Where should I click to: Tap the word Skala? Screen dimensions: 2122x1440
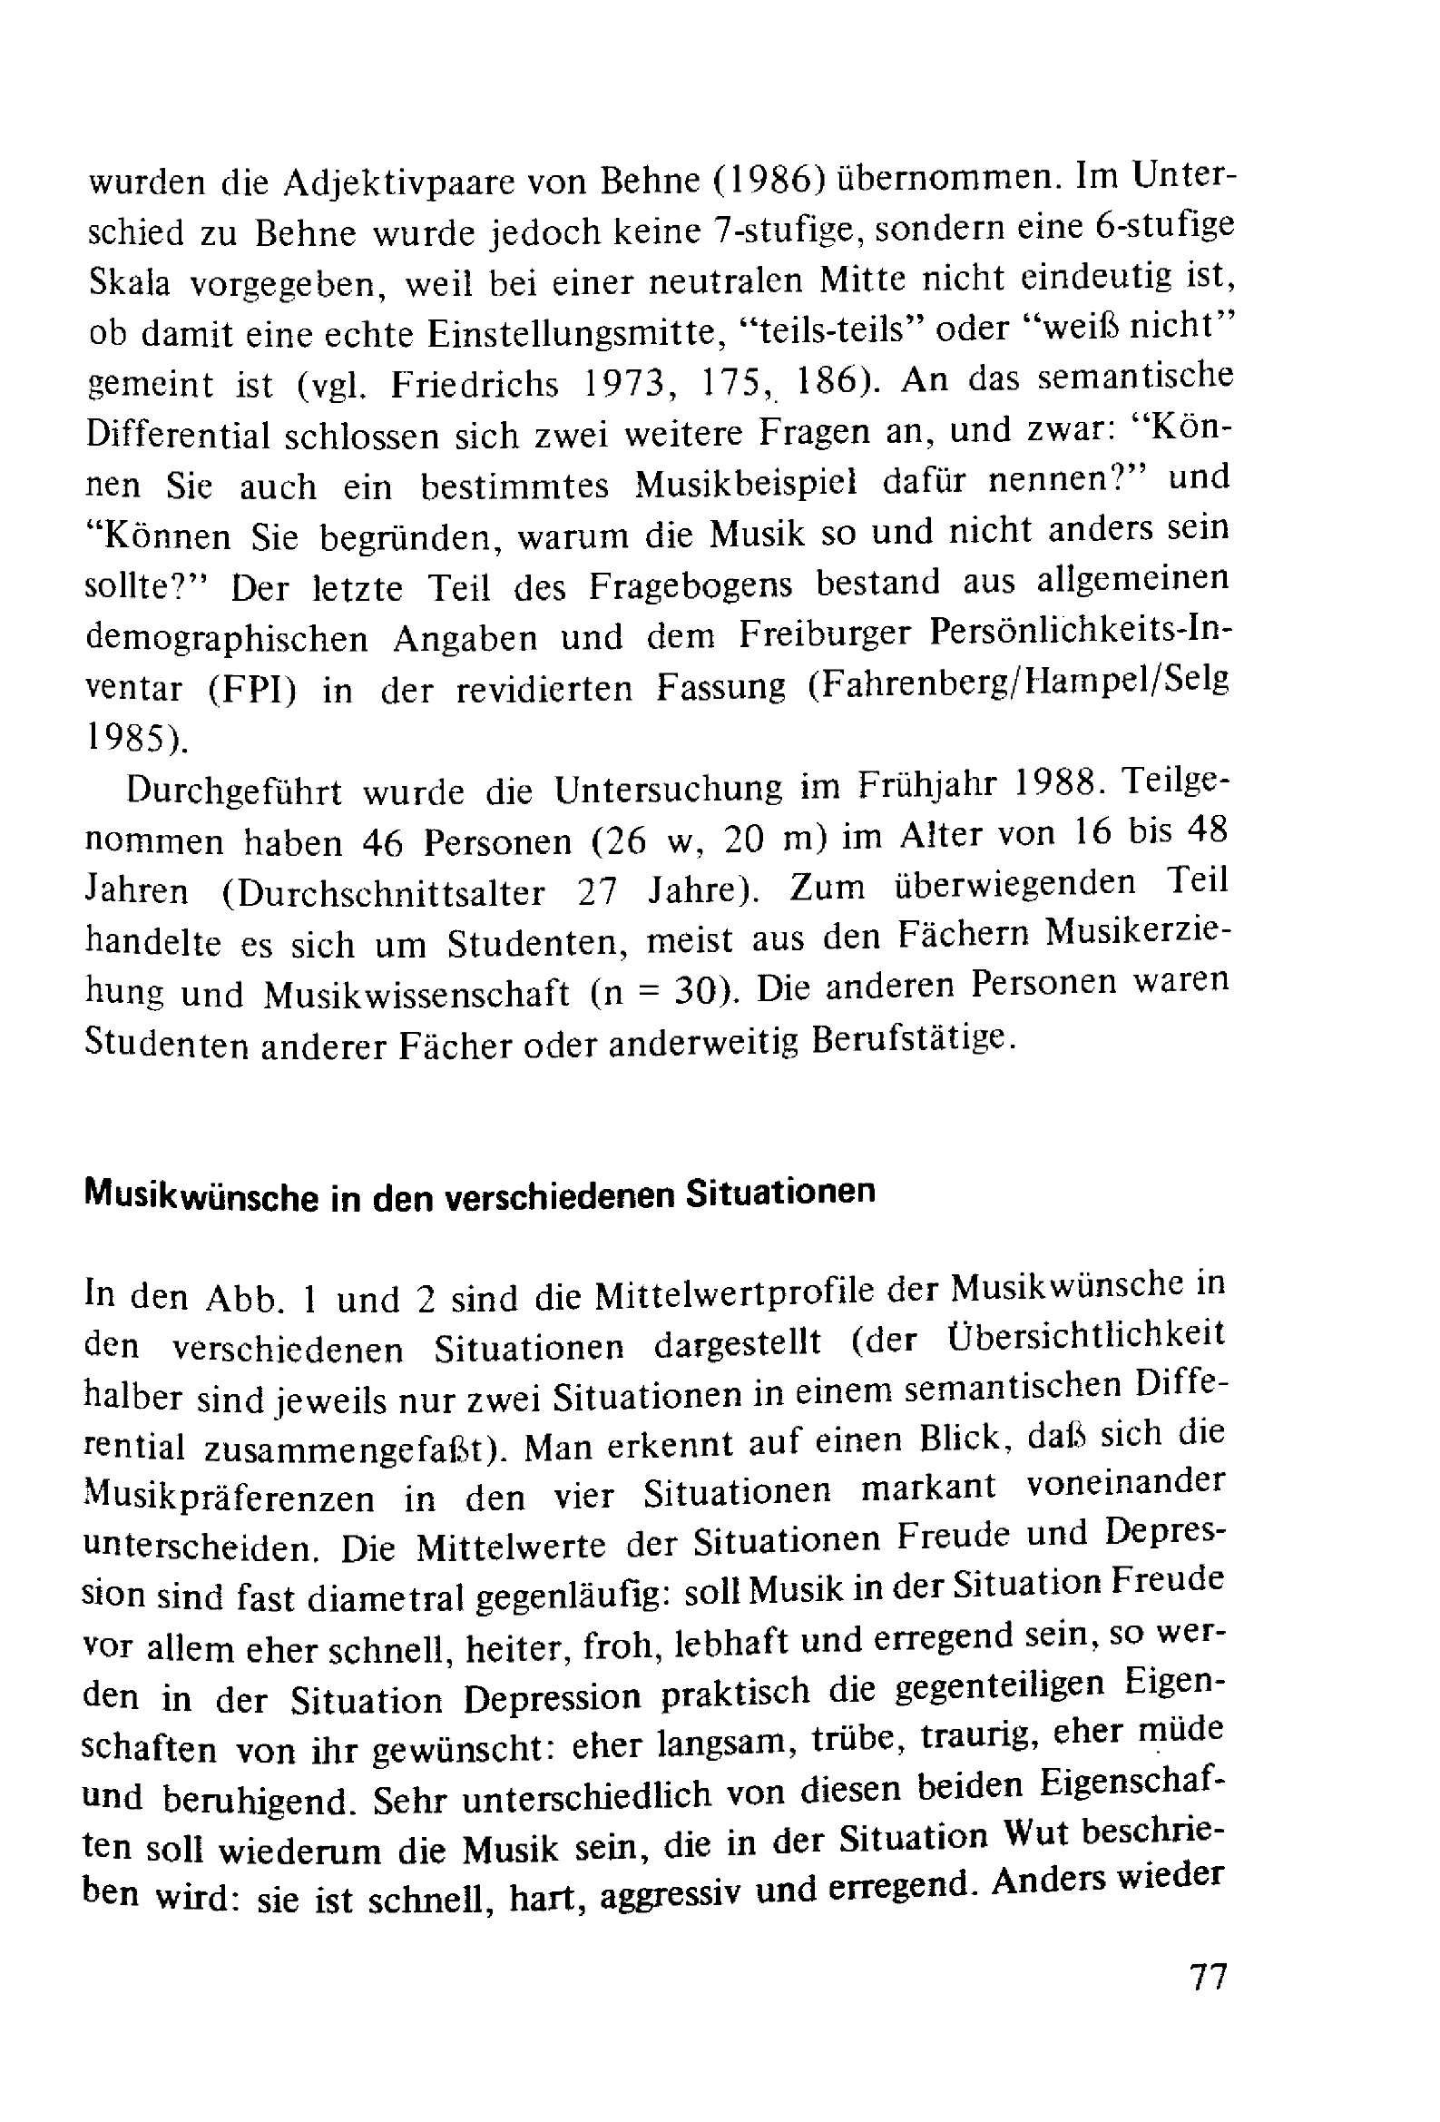click(129, 283)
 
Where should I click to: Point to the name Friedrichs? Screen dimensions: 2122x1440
click(475, 385)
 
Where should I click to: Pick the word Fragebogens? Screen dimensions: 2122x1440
click(691, 585)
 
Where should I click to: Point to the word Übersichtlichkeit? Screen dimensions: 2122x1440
click(1072, 1338)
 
